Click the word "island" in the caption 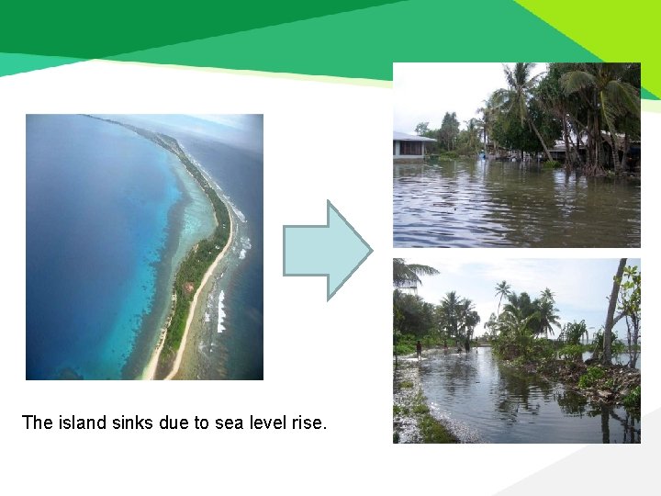[80, 423]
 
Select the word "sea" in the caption [218, 423]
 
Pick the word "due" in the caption [172, 423]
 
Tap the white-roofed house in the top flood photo [413, 144]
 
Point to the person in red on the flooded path [419, 348]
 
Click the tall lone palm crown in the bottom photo [501, 288]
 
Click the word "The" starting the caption [38, 423]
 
